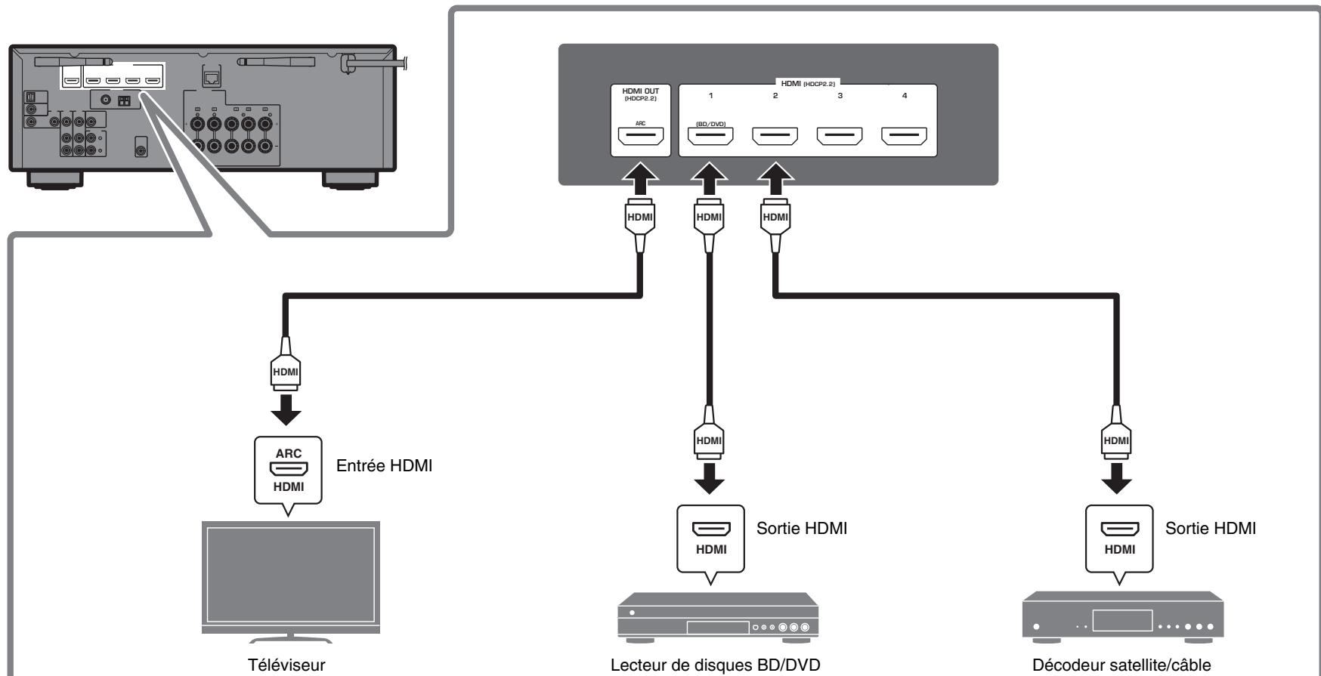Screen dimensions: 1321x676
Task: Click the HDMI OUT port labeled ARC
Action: click(641, 137)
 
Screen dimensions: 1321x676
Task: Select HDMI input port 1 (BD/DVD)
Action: click(710, 137)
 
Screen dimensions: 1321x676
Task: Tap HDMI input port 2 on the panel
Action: click(775, 137)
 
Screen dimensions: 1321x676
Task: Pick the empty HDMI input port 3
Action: click(840, 137)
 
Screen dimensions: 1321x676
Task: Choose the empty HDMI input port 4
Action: click(905, 137)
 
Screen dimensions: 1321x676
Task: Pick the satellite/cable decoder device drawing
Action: click(1121, 619)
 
